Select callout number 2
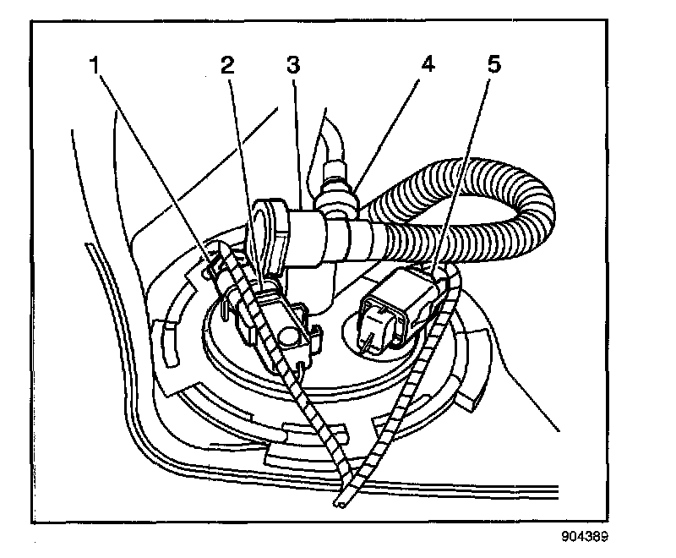click(226, 66)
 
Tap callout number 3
click(292, 64)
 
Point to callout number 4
click(428, 64)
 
